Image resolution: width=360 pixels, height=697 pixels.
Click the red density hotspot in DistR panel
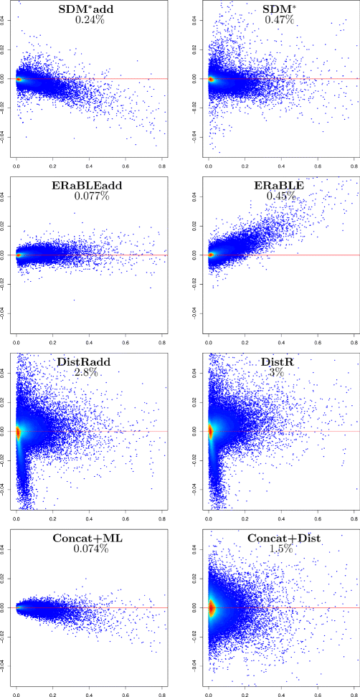tap(209, 430)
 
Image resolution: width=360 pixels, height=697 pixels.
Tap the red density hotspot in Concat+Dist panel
tap(210, 607)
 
